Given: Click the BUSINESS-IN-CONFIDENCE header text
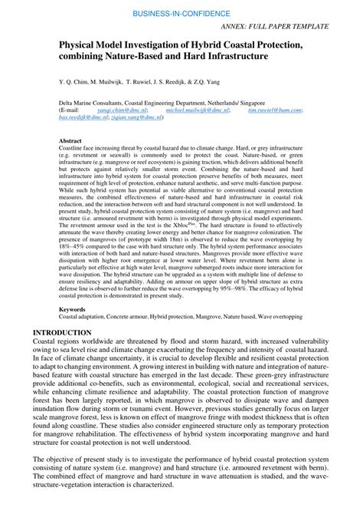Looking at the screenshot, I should [x=181, y=14].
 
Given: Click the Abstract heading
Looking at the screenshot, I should [x=70, y=141].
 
